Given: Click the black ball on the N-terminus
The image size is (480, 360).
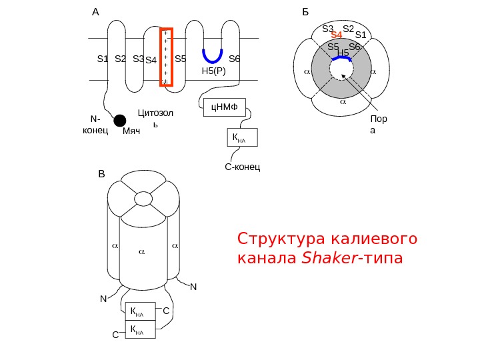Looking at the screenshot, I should [120, 120].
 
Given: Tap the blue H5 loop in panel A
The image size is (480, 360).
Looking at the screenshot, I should [213, 55].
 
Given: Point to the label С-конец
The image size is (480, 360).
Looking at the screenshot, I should [243, 165].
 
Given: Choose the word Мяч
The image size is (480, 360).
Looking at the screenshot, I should [132, 132].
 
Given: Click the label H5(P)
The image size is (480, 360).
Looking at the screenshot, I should [215, 69].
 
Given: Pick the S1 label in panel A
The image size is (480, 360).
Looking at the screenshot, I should [102, 59].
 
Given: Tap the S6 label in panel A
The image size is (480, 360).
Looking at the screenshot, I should [234, 59].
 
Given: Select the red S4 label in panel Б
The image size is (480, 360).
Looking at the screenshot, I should [337, 35].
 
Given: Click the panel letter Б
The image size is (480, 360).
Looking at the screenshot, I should [306, 12].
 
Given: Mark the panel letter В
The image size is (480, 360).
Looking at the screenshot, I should [101, 175].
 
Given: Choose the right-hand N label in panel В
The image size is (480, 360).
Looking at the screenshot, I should [193, 287].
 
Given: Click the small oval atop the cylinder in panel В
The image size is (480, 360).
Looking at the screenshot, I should [144, 199].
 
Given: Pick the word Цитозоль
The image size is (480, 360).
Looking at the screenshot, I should [155, 117].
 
